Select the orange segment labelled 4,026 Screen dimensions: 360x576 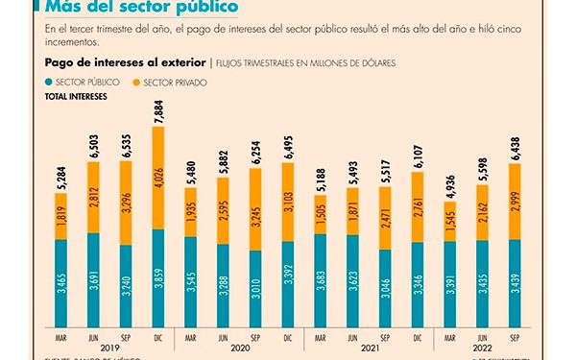(159, 178)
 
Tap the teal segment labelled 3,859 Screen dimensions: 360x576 (159, 278)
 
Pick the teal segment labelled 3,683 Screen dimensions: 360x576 (322, 283)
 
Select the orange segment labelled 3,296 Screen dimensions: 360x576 (127, 203)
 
